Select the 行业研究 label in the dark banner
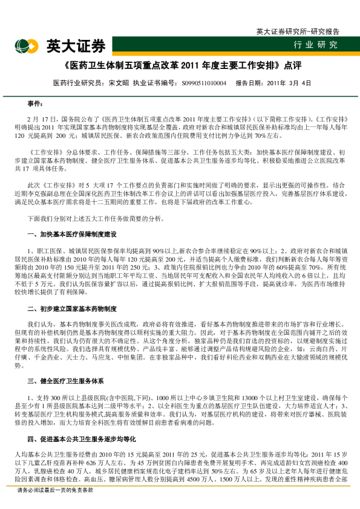pyautogui.click(x=316, y=45)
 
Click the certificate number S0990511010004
pyautogui.click(x=204, y=83)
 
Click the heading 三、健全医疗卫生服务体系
pyautogui.click(x=65, y=381)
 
